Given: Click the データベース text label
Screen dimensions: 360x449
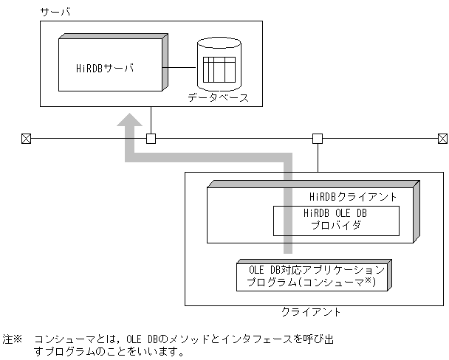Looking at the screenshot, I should (218, 97).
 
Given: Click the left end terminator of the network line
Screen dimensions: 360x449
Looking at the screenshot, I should (25, 138).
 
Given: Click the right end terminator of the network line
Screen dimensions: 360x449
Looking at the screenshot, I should (442, 138).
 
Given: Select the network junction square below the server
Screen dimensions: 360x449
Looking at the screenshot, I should (151, 138).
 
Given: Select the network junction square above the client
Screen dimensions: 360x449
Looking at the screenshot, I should (318, 138).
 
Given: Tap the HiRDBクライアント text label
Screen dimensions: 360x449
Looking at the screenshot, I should (354, 197).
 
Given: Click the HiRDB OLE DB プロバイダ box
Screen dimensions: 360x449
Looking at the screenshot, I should (336, 219).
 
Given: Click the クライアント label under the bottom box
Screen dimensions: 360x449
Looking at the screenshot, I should (311, 312).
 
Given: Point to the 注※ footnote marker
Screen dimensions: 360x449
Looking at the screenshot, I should (13, 339).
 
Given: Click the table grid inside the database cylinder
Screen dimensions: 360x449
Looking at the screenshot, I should (219, 69).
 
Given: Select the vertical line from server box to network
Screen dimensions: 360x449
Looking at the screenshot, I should (151, 120).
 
